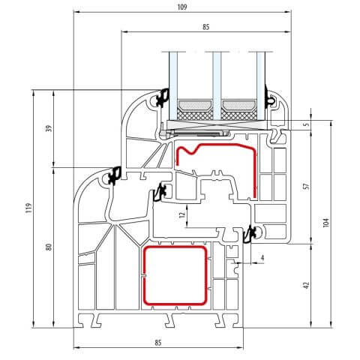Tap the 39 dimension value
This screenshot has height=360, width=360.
[x=49, y=128]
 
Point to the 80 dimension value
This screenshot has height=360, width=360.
[x=49, y=247]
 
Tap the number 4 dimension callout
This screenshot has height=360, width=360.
[x=262, y=259]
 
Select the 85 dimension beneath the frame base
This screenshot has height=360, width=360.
[x=158, y=343]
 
